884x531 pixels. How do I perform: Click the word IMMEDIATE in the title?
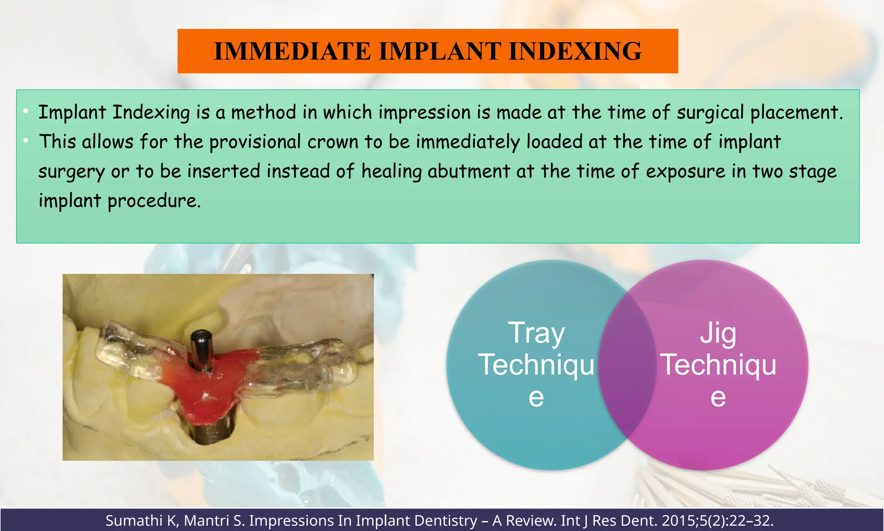click(x=292, y=51)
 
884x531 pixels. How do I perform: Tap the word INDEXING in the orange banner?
click(x=575, y=51)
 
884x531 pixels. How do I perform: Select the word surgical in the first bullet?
click(x=710, y=113)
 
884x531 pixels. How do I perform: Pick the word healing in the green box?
click(x=391, y=172)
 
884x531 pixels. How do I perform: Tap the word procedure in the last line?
click(x=153, y=201)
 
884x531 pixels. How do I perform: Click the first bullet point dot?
click(x=26, y=111)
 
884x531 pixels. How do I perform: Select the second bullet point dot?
click(x=26, y=141)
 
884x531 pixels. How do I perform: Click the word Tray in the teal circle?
click(x=536, y=333)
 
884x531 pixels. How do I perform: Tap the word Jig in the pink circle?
click(x=718, y=333)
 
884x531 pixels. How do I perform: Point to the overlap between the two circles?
click(x=627, y=365)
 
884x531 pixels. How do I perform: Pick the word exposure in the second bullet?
click(x=685, y=172)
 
